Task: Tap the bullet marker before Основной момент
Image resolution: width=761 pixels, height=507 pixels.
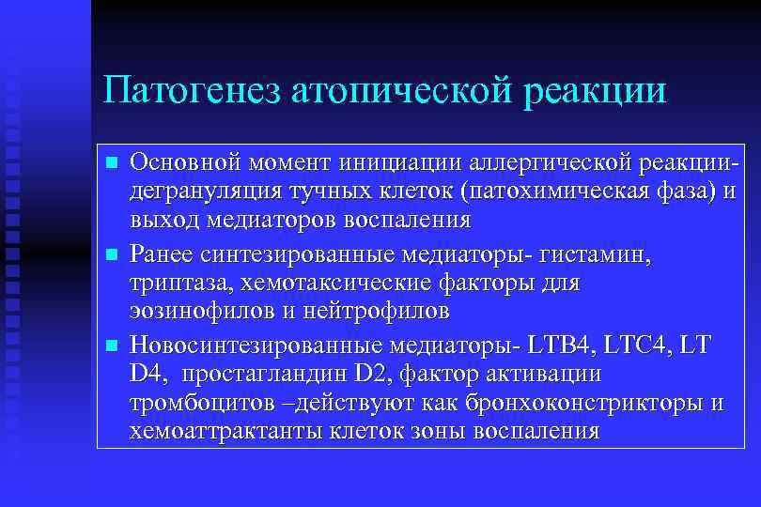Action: (112, 163)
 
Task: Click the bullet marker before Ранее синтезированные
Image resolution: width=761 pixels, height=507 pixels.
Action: (112, 254)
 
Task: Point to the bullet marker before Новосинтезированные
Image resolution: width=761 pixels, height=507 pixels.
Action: (112, 346)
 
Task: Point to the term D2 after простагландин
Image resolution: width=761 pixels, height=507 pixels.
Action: (371, 375)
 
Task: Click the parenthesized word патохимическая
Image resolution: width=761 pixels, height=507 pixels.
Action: (555, 193)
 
